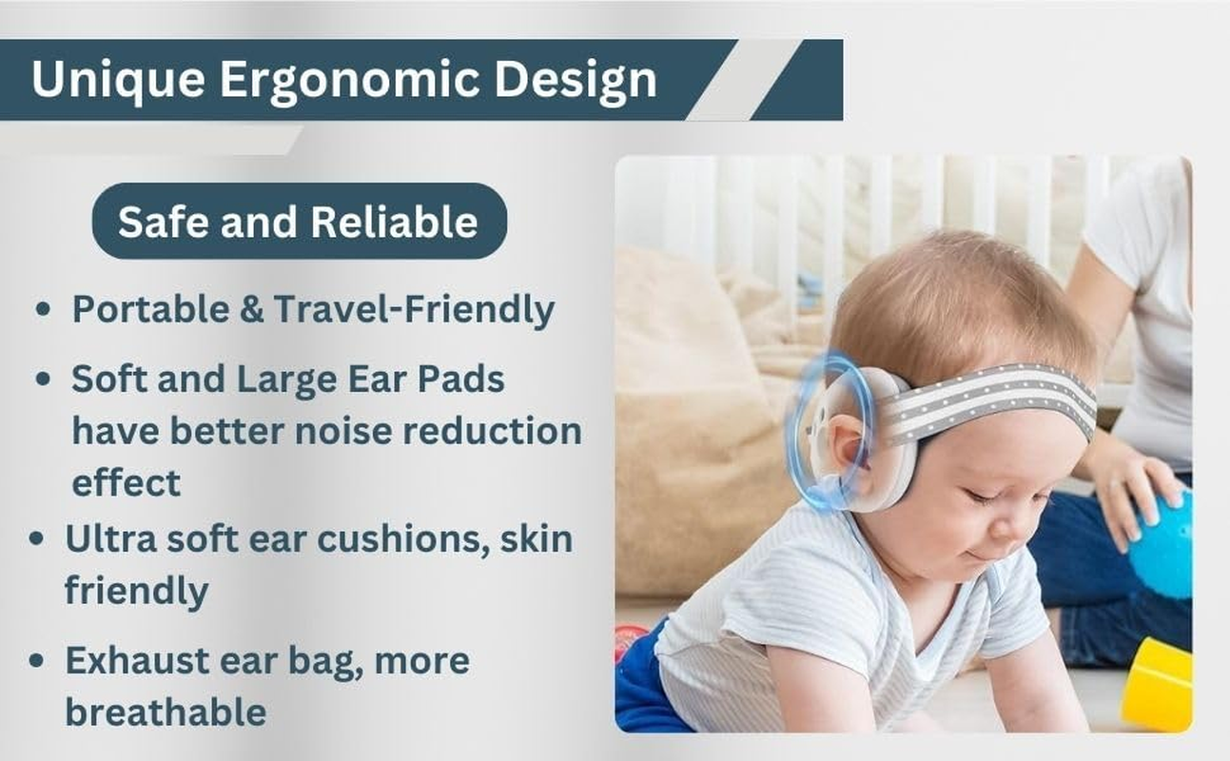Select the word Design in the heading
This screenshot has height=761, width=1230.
coord(576,81)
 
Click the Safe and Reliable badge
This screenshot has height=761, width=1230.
coord(299,222)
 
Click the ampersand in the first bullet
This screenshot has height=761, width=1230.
coord(253,310)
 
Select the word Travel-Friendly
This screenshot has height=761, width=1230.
coord(414,310)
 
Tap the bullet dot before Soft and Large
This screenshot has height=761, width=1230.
coord(43,380)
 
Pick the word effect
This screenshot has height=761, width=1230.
coord(126,482)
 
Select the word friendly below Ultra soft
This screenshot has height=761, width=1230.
coord(136,591)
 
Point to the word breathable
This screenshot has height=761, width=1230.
coord(166,712)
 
